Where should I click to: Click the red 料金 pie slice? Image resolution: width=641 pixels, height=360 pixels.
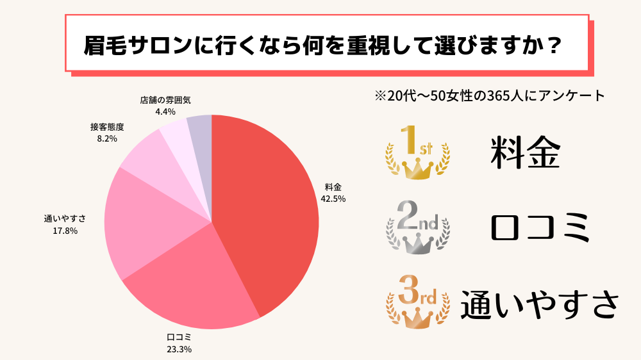click(269, 205)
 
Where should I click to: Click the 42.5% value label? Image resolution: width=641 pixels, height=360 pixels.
click(333, 199)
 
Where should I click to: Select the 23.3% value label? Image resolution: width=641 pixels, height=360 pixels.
click(179, 349)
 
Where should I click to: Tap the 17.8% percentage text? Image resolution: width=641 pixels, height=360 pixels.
click(65, 231)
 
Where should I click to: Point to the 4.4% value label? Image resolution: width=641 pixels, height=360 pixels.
click(165, 111)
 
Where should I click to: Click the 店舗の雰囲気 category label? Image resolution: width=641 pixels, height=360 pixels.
click(165, 101)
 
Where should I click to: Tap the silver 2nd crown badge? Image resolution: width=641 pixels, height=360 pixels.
click(417, 227)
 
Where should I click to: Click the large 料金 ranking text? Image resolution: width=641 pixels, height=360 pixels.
click(525, 153)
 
